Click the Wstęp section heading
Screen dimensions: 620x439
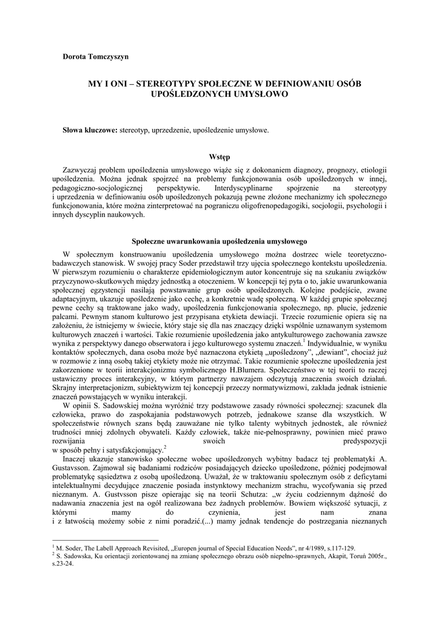click(219, 157)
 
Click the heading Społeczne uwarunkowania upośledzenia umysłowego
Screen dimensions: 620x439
click(219, 241)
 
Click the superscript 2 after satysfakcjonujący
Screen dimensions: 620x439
click(165, 446)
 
